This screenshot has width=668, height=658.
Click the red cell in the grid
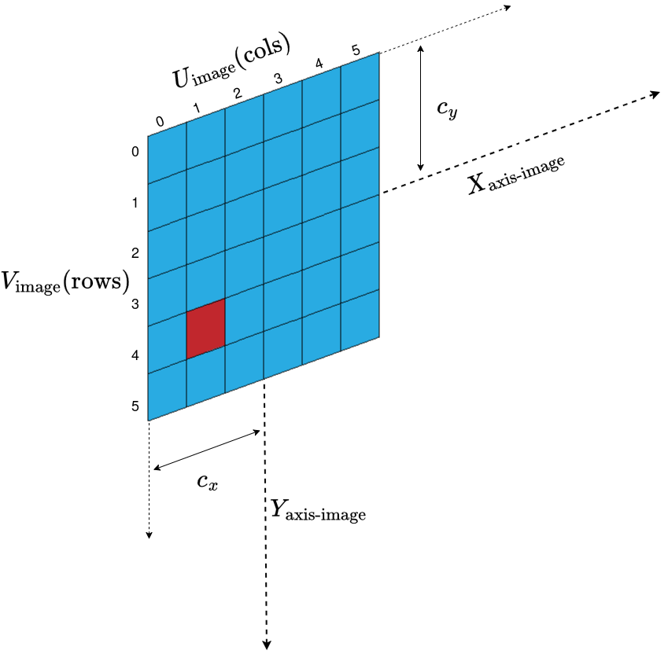pyautogui.click(x=206, y=329)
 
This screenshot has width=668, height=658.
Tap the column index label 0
pyautogui.click(x=160, y=122)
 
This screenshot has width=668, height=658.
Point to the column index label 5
pyautogui.click(x=356, y=51)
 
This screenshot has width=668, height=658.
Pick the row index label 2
pyautogui.click(x=135, y=253)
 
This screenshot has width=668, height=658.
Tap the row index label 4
pyautogui.click(x=135, y=355)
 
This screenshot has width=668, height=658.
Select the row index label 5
pyautogui.click(x=135, y=406)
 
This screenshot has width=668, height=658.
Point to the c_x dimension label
pyautogui.click(x=207, y=481)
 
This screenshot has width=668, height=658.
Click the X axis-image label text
pyautogui.click(x=516, y=177)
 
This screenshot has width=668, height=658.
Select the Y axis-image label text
pyautogui.click(x=318, y=512)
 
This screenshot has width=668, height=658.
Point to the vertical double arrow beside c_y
pyautogui.click(x=422, y=108)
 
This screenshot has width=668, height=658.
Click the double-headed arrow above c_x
pyautogui.click(x=207, y=450)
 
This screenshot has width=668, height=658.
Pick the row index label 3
pyautogui.click(x=135, y=304)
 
